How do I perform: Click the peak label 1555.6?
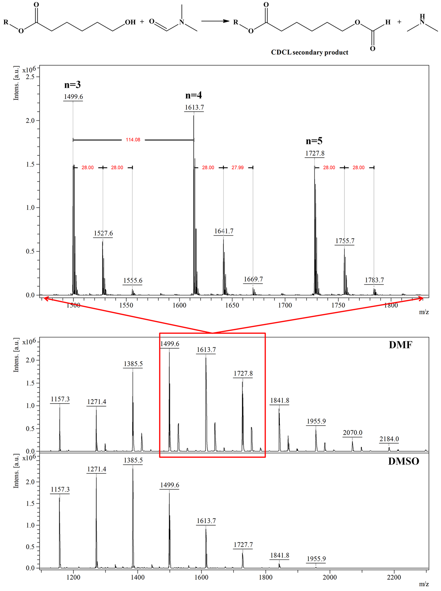pos(133,280)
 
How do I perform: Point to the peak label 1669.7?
pos(253,279)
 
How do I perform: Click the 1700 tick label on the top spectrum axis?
pos(285,305)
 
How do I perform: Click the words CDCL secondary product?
pos(309,52)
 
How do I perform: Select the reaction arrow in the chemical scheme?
pos(215,21)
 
